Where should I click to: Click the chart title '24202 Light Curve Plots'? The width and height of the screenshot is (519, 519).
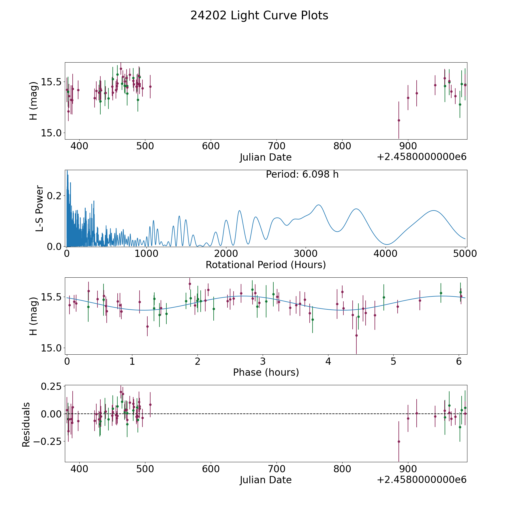point(259,16)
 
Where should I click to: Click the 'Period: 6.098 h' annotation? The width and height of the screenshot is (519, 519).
point(302,174)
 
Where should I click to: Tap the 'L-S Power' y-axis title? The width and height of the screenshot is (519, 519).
point(40,208)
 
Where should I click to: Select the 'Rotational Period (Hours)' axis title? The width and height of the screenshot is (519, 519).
point(266,265)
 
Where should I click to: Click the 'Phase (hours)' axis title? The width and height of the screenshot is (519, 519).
point(266,372)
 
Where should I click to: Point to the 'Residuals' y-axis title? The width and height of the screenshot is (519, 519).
point(26,424)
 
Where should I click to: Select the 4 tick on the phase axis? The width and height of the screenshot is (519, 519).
point(328,361)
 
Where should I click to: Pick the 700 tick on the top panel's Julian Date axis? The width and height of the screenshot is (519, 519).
point(276,146)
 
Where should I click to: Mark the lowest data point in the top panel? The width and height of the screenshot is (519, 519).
point(399,120)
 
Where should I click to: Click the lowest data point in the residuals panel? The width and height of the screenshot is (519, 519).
point(399,441)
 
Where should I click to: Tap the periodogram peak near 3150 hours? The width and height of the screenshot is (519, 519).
point(319,205)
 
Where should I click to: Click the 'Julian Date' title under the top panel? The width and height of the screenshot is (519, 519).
point(266,157)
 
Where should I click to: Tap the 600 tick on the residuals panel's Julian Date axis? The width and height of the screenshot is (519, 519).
point(210,469)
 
